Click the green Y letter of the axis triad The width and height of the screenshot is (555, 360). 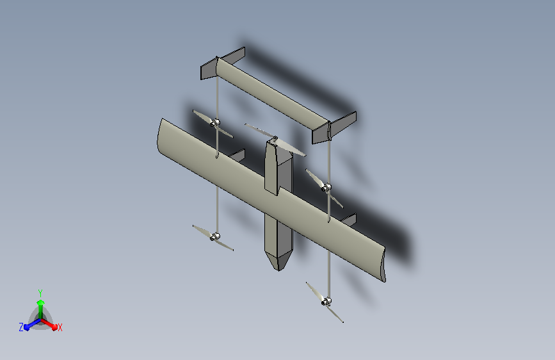(40, 293)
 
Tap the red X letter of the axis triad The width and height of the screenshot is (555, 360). (60, 328)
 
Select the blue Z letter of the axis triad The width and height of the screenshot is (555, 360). (21, 327)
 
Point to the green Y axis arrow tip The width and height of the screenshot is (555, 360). (41, 302)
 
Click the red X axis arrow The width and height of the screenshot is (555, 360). (49, 324)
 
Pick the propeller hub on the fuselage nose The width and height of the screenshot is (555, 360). (275, 138)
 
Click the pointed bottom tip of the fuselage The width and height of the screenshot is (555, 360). (278, 270)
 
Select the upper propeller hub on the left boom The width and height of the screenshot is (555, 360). (215, 123)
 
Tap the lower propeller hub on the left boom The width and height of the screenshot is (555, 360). (215, 237)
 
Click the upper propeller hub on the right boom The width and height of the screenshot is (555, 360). (326, 188)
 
